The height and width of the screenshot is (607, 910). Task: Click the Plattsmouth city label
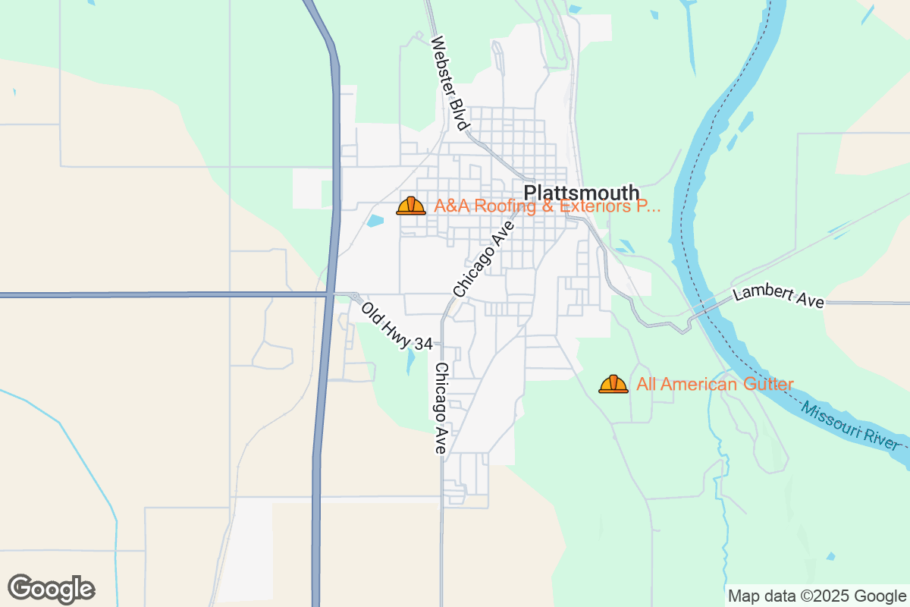pyautogui.click(x=582, y=193)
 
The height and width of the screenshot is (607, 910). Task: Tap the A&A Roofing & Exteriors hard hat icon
pyautogui.click(x=411, y=206)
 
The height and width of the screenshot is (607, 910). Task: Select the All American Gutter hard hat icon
pyautogui.click(x=613, y=384)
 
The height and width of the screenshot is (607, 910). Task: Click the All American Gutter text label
pyautogui.click(x=715, y=384)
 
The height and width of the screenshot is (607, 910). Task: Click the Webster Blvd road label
pyautogui.click(x=450, y=83)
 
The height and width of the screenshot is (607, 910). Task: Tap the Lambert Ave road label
pyautogui.click(x=778, y=296)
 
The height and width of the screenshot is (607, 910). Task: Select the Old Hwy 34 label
pyautogui.click(x=396, y=326)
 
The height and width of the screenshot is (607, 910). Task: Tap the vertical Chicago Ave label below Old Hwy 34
pyautogui.click(x=441, y=407)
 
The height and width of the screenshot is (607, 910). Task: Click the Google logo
pyautogui.click(x=51, y=589)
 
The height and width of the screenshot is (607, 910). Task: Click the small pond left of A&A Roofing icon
pyautogui.click(x=375, y=221)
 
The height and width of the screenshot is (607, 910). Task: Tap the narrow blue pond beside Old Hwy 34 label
pyautogui.click(x=410, y=361)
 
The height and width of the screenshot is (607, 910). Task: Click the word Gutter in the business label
pyautogui.click(x=767, y=384)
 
